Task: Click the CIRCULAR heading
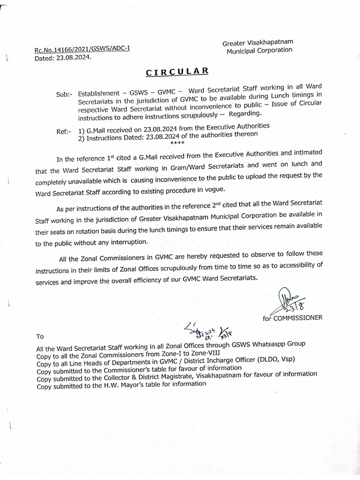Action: pos(176,72)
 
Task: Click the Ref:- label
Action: pos(64,132)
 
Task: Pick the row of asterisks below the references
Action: pos(178,142)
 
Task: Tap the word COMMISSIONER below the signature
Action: pos(298,318)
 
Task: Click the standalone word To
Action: pos(40,336)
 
